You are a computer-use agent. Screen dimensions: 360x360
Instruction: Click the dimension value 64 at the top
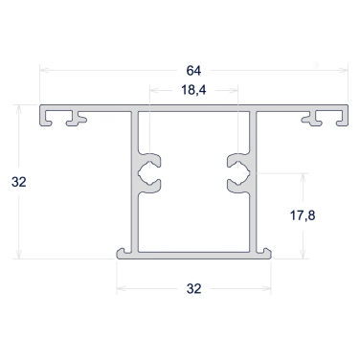193,71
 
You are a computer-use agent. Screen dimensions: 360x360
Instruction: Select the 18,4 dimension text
193,90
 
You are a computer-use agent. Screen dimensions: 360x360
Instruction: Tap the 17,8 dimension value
303,215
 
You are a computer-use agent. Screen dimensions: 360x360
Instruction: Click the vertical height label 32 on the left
19,182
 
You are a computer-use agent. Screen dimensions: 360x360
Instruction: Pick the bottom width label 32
194,288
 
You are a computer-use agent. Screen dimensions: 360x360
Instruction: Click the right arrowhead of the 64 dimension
344,70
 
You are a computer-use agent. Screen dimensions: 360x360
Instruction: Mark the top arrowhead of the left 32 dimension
19,109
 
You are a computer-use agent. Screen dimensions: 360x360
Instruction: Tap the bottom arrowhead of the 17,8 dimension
304,254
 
